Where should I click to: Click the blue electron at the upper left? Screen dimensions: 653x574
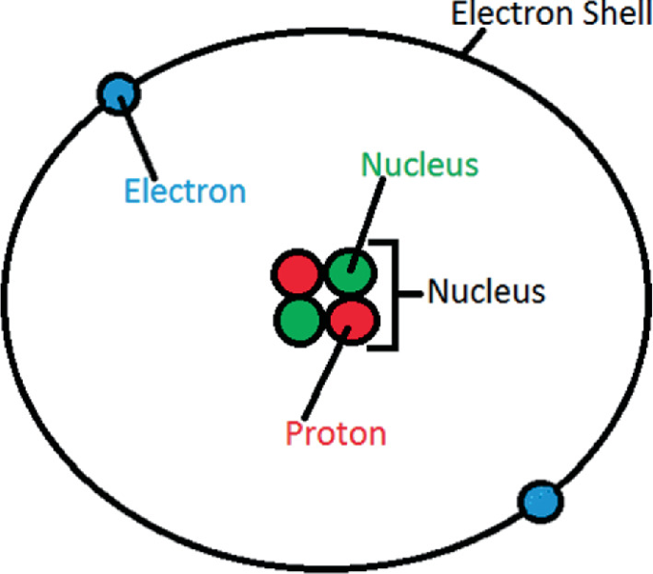click(119, 93)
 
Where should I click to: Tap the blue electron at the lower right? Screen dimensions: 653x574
click(541, 502)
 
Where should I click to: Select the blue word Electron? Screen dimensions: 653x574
click(185, 191)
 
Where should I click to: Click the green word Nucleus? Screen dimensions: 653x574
click(419, 165)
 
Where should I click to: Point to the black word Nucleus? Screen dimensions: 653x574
click(486, 290)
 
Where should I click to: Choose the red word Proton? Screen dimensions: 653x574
click(336, 433)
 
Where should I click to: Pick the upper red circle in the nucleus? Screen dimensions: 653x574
click(297, 273)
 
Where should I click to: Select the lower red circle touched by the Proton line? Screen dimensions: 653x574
click(353, 321)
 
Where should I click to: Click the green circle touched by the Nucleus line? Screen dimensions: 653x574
click(350, 272)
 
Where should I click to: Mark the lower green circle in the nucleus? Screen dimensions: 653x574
click(299, 321)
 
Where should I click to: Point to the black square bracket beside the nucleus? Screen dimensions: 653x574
click(397, 294)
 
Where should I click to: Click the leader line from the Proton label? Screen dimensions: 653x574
click(326, 373)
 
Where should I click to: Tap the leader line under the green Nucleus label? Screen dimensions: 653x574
click(367, 225)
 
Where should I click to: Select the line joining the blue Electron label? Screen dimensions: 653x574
click(137, 138)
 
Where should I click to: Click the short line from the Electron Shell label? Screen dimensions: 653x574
click(474, 41)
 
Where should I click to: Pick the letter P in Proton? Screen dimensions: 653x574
click(294, 433)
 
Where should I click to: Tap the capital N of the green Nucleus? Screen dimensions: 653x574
click(371, 164)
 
